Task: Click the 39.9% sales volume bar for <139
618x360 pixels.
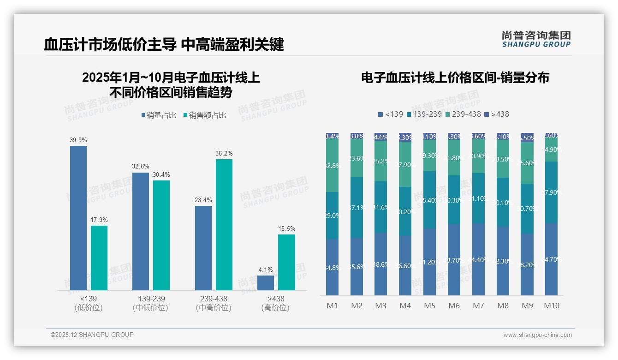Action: (78, 218)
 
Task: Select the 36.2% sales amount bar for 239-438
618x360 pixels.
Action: (224, 225)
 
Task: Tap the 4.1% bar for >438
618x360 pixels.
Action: (266, 282)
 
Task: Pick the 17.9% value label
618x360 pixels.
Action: (99, 220)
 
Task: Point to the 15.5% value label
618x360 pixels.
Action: (287, 228)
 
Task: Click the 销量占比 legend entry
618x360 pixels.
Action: (159, 115)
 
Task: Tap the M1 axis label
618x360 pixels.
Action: (333, 306)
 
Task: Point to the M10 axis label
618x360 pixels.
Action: (552, 306)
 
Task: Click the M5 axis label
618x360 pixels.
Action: (429, 306)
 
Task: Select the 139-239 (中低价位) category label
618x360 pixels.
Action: (150, 303)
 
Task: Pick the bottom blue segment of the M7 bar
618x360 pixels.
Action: (478, 259)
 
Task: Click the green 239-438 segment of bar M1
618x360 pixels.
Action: (333, 165)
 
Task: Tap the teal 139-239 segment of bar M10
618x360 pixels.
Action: (551, 192)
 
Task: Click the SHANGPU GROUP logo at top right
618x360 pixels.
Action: (536, 39)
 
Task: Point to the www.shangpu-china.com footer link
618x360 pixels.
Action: (537, 335)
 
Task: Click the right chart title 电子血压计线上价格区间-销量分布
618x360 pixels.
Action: (455, 78)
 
